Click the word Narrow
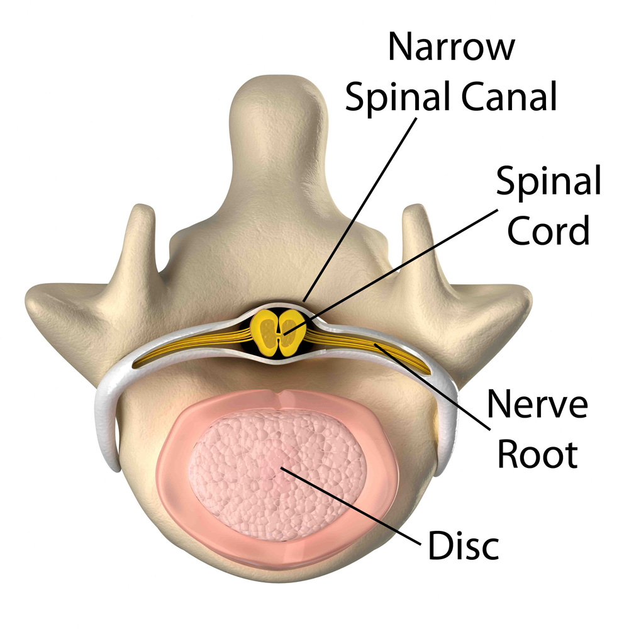click(451, 47)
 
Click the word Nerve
click(538, 404)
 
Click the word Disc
click(464, 545)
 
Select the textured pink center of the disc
click(277, 476)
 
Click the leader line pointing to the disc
click(351, 506)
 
